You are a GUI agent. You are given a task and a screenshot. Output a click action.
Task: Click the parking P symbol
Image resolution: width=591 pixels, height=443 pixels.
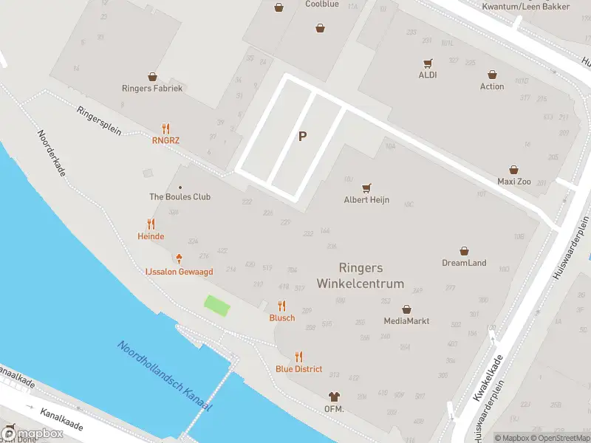[302, 137]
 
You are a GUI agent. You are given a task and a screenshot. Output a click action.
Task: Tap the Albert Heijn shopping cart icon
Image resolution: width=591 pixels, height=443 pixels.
[366, 188]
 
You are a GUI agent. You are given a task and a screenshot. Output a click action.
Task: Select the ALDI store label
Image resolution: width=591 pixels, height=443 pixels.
[428, 75]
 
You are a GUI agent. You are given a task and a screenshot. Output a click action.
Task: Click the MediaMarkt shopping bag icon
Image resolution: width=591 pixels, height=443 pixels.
[406, 309]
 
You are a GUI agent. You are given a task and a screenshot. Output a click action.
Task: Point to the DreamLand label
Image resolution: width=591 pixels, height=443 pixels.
[464, 263]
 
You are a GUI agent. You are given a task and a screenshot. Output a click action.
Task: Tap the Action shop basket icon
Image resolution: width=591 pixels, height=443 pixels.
[492, 74]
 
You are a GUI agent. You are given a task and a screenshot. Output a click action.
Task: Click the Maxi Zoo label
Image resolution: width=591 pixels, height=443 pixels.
[514, 181]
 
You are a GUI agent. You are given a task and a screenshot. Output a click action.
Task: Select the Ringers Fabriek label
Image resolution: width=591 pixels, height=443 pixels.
[152, 88]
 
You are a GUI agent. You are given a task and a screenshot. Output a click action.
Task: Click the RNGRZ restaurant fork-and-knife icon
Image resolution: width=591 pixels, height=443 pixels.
[166, 128]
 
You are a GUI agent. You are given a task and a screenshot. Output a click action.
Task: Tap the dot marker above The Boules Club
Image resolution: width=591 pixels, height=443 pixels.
[180, 187]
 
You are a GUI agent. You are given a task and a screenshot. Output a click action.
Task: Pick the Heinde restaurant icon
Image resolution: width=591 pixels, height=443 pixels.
[151, 224]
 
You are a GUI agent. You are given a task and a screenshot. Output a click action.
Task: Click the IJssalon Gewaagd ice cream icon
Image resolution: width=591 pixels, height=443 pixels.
[179, 259]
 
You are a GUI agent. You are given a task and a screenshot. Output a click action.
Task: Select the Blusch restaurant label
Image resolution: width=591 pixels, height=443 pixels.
[281, 318]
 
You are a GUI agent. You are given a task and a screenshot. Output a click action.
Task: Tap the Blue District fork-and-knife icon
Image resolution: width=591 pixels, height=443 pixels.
[299, 357]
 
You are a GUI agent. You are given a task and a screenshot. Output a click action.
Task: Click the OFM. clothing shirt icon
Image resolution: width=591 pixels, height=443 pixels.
[334, 397]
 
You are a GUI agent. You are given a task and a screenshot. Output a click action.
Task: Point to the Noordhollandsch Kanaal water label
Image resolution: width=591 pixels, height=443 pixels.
[164, 376]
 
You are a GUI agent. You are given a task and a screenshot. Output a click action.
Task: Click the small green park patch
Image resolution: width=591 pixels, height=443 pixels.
[216, 306]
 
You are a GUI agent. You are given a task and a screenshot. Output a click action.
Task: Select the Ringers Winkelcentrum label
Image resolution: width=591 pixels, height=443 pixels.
[361, 276]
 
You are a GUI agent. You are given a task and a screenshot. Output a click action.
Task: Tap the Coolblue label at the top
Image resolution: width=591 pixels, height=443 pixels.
[321, 4]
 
